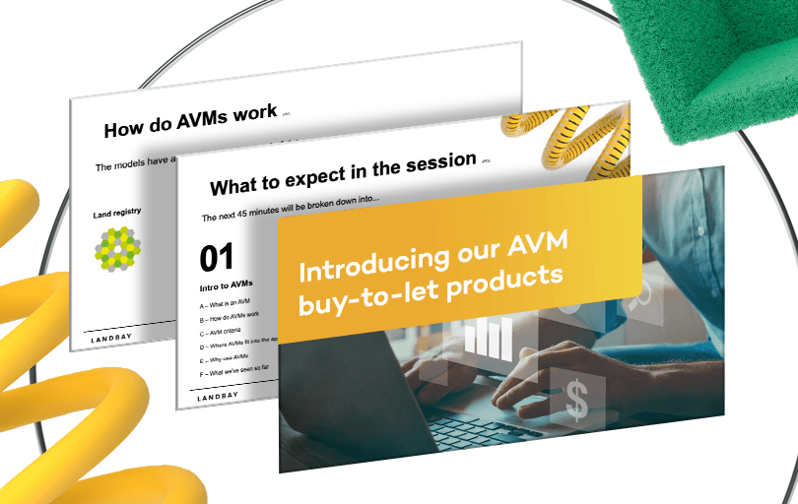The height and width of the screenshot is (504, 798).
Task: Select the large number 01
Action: [217, 258]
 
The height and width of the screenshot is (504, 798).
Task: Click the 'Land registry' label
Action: [117, 212]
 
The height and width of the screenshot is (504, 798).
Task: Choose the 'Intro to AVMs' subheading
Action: [226, 284]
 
